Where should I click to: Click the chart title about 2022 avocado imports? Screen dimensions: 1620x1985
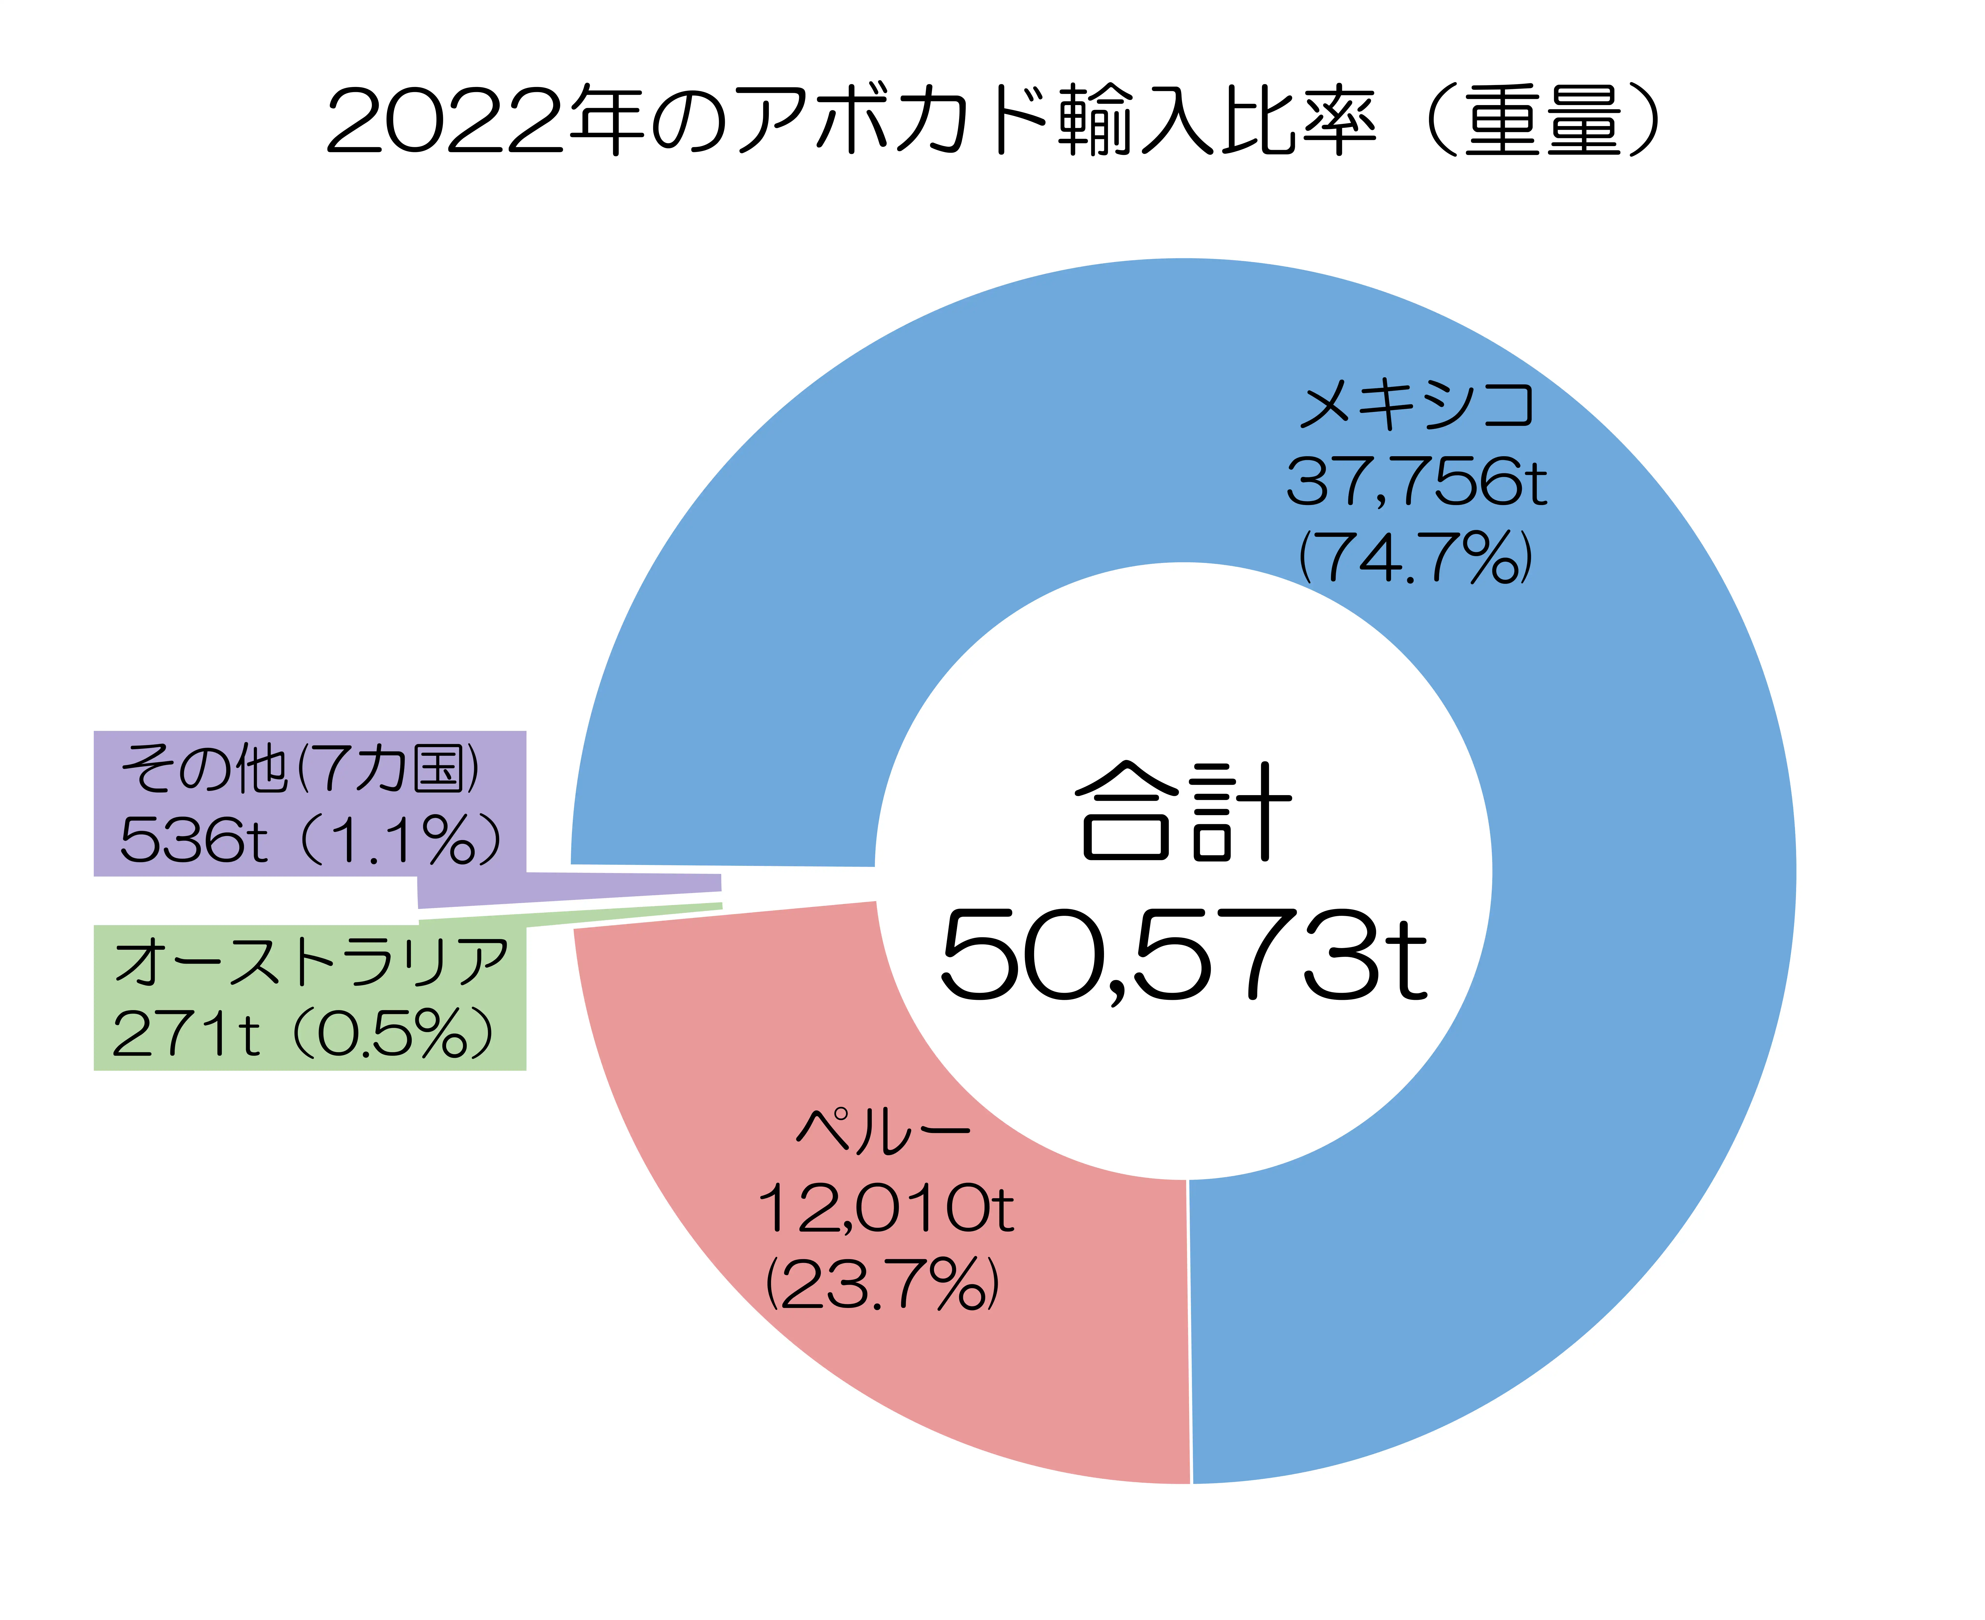[992, 121]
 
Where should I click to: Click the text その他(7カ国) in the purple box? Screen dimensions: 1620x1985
[300, 769]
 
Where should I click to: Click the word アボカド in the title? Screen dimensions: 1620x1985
[894, 121]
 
